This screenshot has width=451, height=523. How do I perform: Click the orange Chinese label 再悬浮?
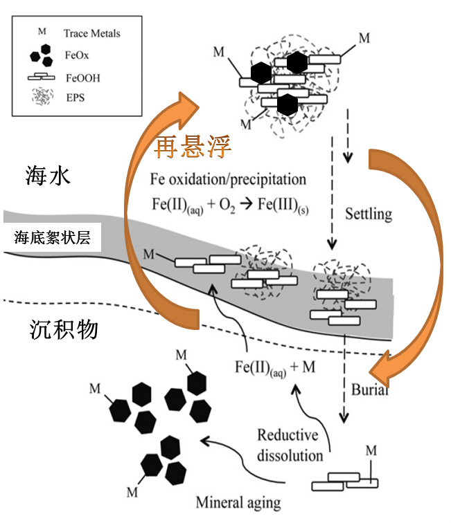coord(193,147)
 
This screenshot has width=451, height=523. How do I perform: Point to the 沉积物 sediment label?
coord(64,329)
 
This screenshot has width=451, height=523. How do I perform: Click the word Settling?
coord(369,214)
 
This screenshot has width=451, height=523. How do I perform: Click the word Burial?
coord(369,389)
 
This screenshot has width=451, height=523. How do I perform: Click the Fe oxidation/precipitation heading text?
coord(228,179)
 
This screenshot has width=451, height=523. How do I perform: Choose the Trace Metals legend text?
coord(91,33)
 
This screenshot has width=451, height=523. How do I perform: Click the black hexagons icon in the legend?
coord(42,55)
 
